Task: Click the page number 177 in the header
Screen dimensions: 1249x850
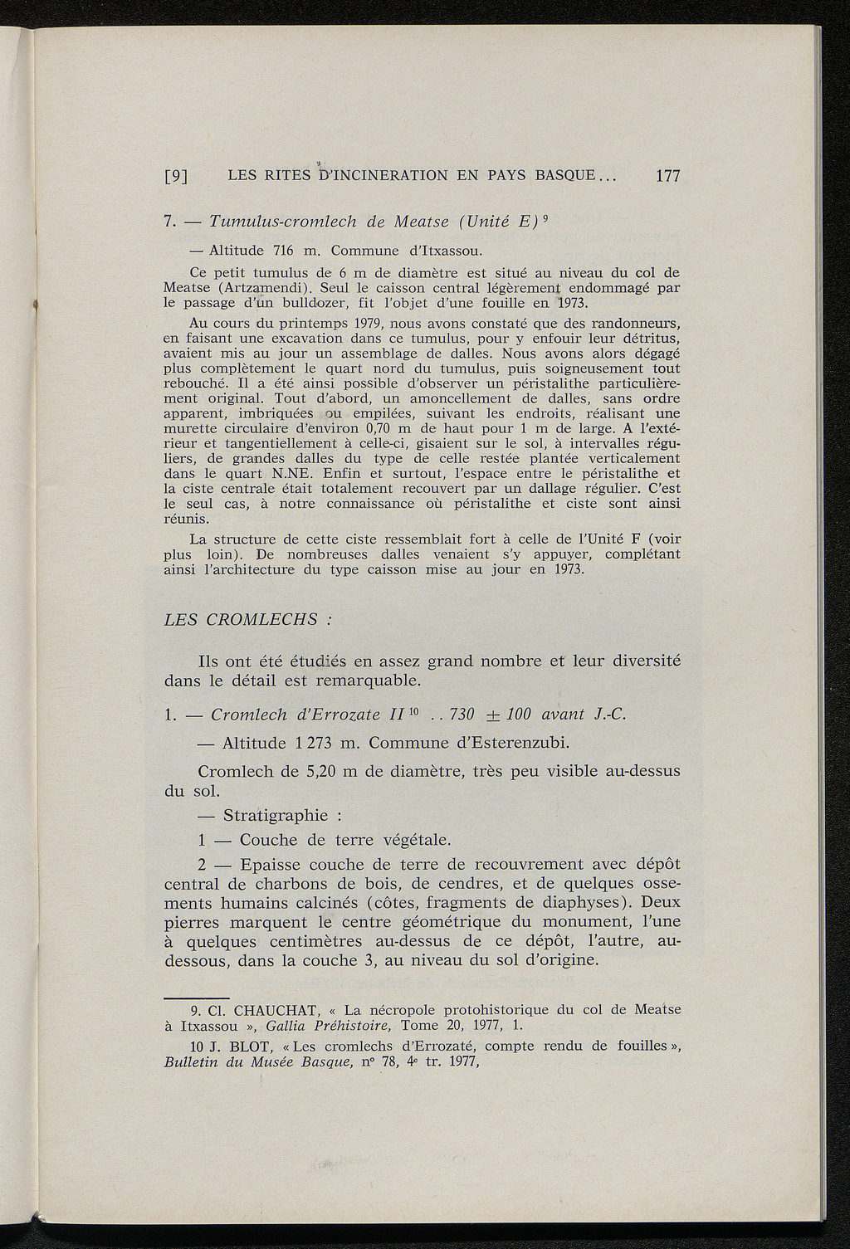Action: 667,176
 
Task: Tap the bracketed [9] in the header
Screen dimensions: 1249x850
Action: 176,176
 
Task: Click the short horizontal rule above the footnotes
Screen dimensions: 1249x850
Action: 196,995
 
